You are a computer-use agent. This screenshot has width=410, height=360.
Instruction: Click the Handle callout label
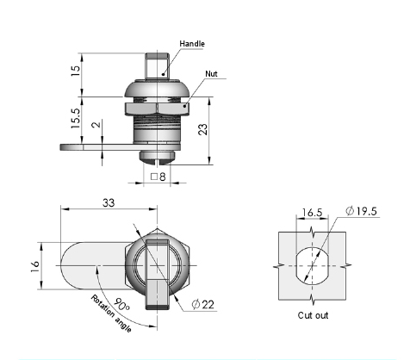(x=192, y=44)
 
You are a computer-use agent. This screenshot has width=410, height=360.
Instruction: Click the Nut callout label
(x=211, y=74)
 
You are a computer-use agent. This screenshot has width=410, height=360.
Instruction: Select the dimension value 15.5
(x=76, y=118)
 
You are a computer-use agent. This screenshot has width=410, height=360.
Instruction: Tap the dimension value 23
(x=203, y=129)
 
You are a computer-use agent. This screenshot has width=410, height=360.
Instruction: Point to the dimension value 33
(x=109, y=202)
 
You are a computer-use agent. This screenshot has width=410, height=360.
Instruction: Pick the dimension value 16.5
(x=312, y=213)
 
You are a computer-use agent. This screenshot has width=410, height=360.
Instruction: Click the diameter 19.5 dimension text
(x=361, y=211)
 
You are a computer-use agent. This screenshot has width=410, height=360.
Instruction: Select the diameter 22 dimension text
(x=203, y=304)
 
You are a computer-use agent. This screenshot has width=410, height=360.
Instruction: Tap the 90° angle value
(x=121, y=305)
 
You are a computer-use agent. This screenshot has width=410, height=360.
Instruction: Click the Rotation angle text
(x=111, y=313)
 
